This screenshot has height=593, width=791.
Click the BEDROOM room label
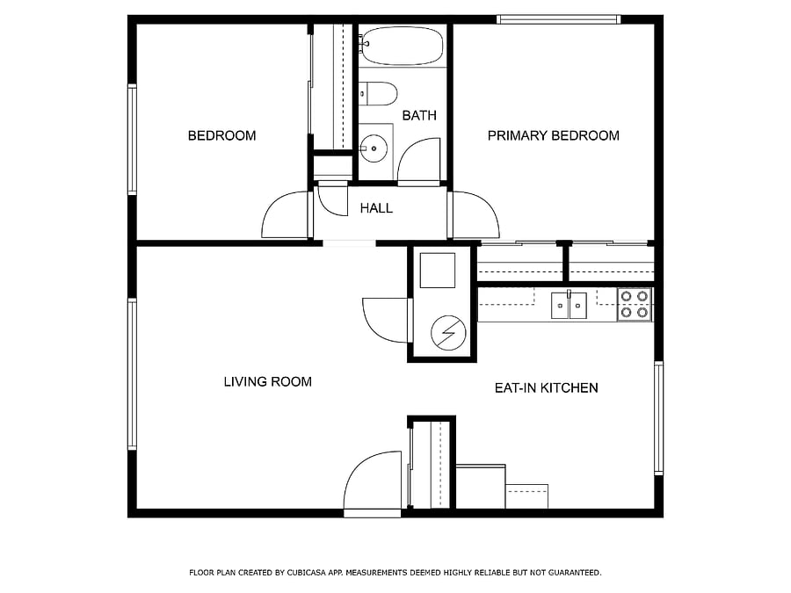pyautogui.click(x=222, y=135)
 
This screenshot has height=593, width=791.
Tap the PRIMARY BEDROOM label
pyautogui.click(x=554, y=135)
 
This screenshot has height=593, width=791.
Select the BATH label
pyautogui.click(x=419, y=115)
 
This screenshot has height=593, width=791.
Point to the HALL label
pyautogui.click(x=376, y=208)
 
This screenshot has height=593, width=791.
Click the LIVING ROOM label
pyautogui.click(x=268, y=382)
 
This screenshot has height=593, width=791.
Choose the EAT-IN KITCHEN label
pyautogui.click(x=547, y=387)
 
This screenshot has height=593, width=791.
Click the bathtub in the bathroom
pyautogui.click(x=403, y=46)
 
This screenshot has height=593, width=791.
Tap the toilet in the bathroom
pyautogui.click(x=378, y=94)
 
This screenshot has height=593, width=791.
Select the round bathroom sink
pyautogui.click(x=374, y=148)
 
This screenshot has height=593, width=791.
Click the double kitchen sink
pyautogui.click(x=569, y=305)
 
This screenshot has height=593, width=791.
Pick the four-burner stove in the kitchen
pyautogui.click(x=635, y=305)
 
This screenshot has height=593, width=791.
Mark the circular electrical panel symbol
pyautogui.click(x=448, y=333)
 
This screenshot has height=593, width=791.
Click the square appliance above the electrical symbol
pyautogui.click(x=438, y=271)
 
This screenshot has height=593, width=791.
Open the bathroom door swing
pyautogui.click(x=418, y=162)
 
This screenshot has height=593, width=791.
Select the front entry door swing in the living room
pyautogui.click(x=373, y=481)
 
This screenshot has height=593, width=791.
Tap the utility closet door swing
pyautogui.click(x=386, y=320)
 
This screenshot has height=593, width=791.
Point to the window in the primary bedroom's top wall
pyautogui.click(x=558, y=19)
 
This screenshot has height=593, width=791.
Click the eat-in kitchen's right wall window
pyautogui.click(x=659, y=418)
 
